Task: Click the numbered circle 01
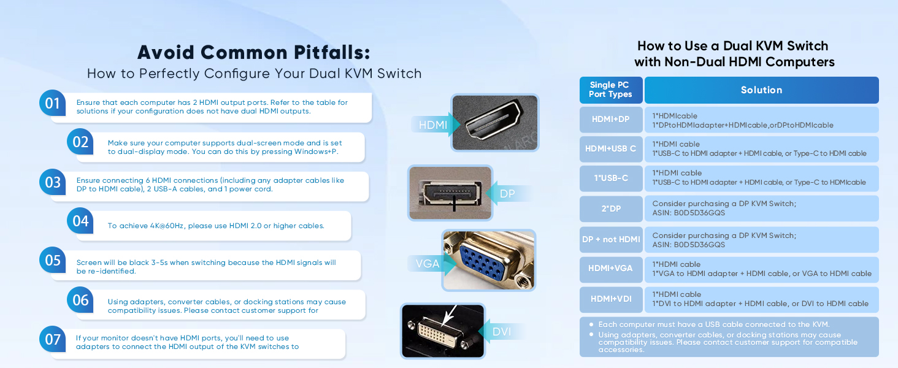(53, 103)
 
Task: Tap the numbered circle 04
(81, 221)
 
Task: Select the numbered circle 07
(53, 339)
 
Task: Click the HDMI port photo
(494, 123)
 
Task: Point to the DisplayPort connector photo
(450, 193)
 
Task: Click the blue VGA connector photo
(488, 261)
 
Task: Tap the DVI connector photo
(442, 331)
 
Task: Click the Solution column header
(761, 90)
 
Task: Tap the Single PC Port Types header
(610, 90)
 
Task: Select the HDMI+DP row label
(610, 120)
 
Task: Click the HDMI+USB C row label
(610, 149)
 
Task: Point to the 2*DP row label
(610, 209)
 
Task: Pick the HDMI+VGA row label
(610, 269)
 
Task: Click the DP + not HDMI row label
(610, 239)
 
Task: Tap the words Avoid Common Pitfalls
(253, 52)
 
